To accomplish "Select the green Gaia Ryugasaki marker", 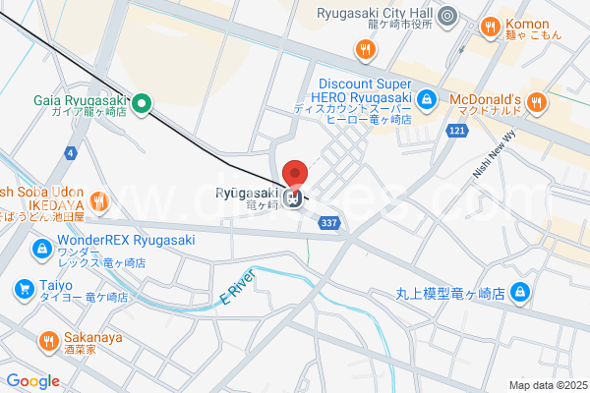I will tap(141, 101).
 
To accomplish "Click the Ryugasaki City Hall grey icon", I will tap(447, 15).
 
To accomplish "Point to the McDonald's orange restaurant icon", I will tap(536, 100).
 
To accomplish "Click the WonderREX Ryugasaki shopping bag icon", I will tap(41, 250).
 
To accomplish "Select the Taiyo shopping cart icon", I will tap(23, 288).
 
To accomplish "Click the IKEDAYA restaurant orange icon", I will tap(98, 201).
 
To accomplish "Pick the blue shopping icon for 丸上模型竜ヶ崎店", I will tap(521, 292).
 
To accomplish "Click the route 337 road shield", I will tap(330, 224).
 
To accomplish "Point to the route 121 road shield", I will tap(455, 131).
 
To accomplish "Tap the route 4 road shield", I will tap(71, 152).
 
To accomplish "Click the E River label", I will tap(236, 286).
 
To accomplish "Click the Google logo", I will tap(32, 381).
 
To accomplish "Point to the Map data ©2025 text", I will tap(547, 385).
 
